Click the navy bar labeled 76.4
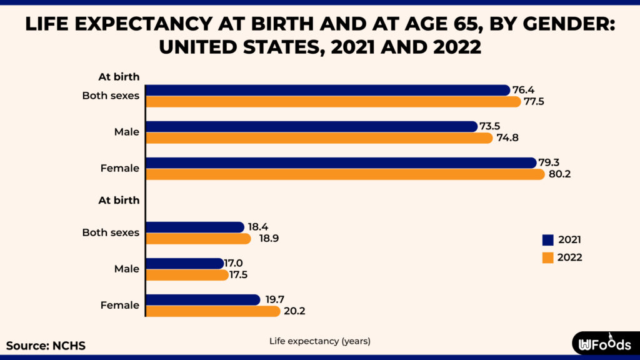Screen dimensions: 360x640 pos(327,90)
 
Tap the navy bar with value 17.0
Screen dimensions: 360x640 pos(184,264)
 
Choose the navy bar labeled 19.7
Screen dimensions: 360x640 pos(202,300)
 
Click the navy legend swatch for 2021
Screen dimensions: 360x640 pos(548,239)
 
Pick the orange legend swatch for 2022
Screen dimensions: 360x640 pos(548,257)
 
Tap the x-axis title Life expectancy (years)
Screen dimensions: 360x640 pos(320,341)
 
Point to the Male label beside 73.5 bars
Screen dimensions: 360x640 pos(127,132)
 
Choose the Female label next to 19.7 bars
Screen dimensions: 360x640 pos(120,306)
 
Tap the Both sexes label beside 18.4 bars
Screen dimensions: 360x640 pos(111,232)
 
